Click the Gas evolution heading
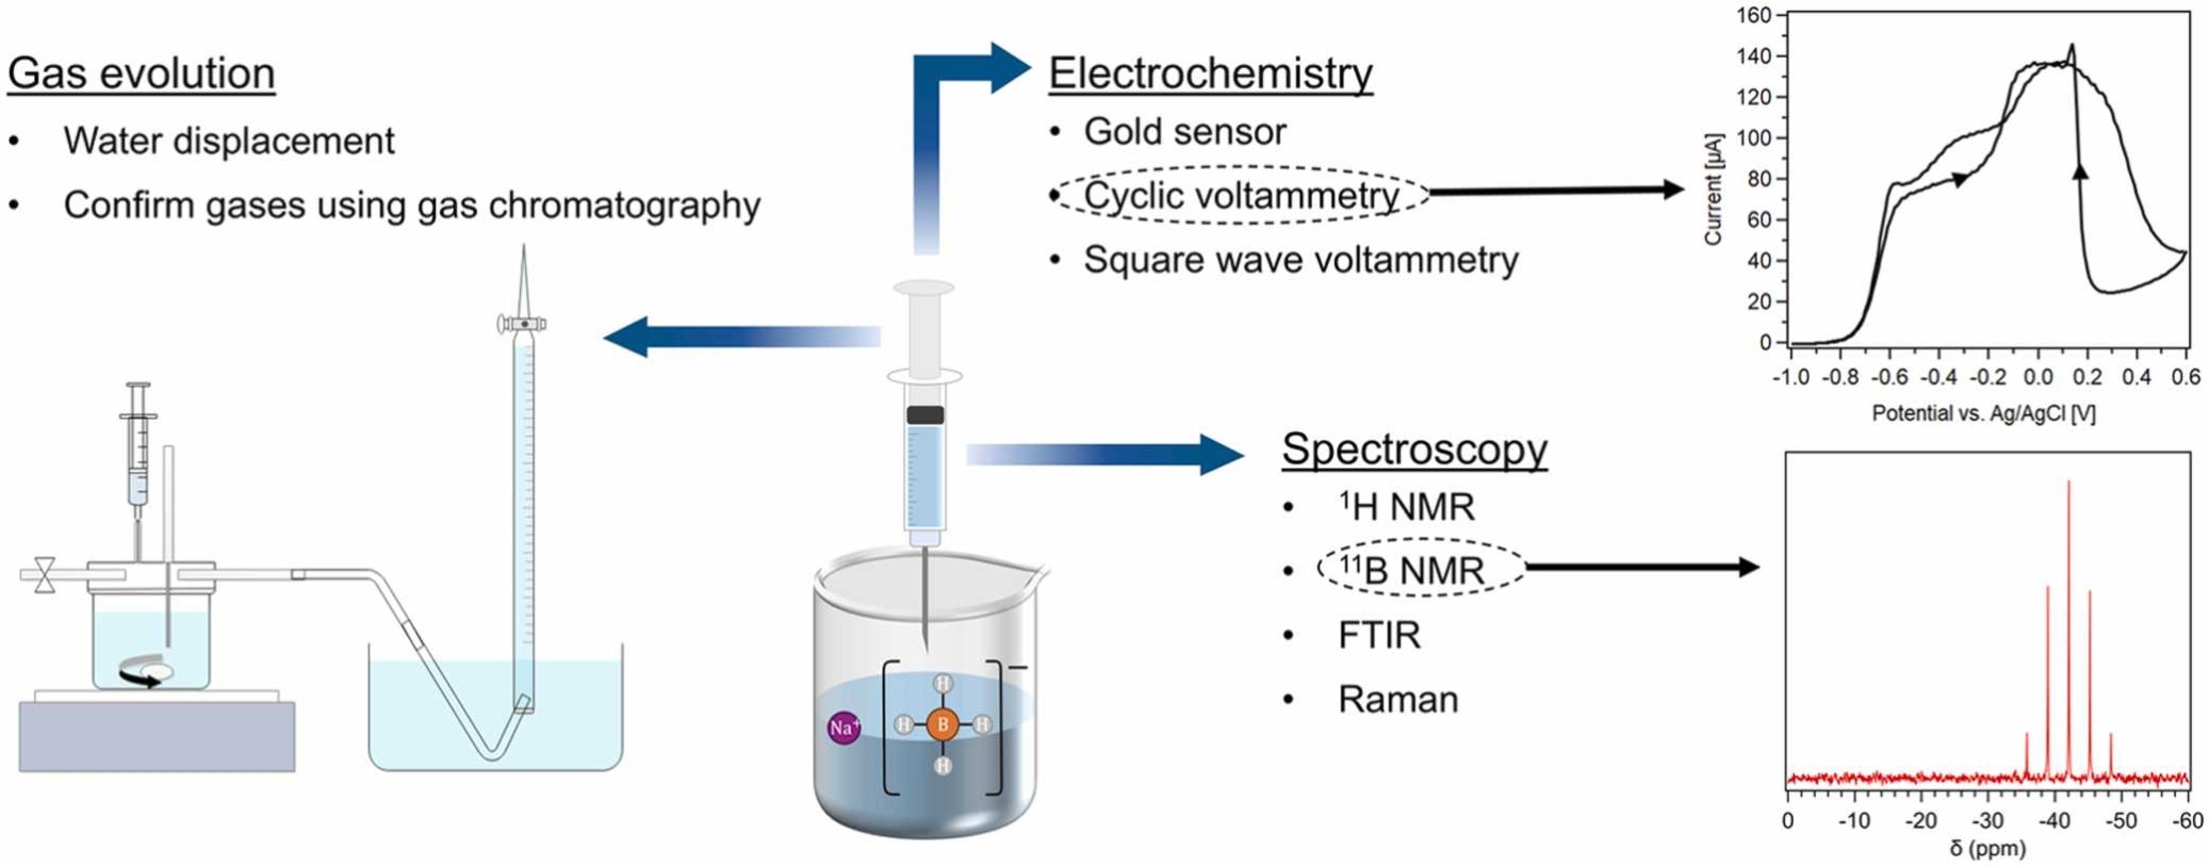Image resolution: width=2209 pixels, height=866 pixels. [141, 74]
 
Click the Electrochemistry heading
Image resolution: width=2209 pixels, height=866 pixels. [1210, 74]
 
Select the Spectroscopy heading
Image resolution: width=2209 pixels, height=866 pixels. [1413, 449]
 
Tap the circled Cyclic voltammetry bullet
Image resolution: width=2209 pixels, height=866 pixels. [1241, 196]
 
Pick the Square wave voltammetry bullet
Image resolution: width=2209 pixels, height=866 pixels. [1300, 260]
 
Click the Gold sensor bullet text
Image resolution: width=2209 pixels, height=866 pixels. [1184, 132]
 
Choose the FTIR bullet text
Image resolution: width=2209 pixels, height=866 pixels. [1379, 635]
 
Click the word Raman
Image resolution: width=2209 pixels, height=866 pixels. [1397, 699]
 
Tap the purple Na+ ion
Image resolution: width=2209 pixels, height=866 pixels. [843, 727]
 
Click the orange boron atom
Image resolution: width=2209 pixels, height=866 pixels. [942, 725]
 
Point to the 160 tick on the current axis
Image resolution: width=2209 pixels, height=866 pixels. [1754, 15]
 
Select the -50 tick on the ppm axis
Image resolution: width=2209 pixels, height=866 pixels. [2120, 821]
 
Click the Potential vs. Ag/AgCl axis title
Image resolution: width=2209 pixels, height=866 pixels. [1982, 414]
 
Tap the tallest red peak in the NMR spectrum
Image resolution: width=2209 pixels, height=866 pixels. [2068, 484]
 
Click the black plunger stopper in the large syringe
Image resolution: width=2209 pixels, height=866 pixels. [924, 415]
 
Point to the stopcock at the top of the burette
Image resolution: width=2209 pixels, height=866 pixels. [522, 324]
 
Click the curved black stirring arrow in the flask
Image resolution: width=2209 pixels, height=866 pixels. [140, 679]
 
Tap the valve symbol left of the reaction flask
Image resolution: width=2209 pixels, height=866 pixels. [45, 575]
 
